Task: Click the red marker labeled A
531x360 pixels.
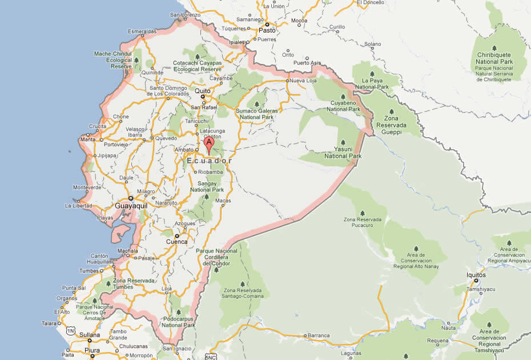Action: (209, 143)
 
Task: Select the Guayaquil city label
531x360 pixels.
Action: (131, 205)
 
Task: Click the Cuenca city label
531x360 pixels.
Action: (176, 242)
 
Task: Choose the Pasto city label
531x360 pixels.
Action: (267, 30)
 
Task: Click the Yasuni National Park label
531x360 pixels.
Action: (343, 153)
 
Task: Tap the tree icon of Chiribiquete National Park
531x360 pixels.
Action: (494, 47)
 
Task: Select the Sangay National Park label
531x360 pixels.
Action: (207, 186)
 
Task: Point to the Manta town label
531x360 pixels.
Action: (88, 139)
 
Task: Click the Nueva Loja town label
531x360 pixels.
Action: (303, 81)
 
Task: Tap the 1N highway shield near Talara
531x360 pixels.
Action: (71, 330)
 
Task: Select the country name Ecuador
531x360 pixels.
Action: (210, 161)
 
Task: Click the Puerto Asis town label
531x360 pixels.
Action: (307, 62)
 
